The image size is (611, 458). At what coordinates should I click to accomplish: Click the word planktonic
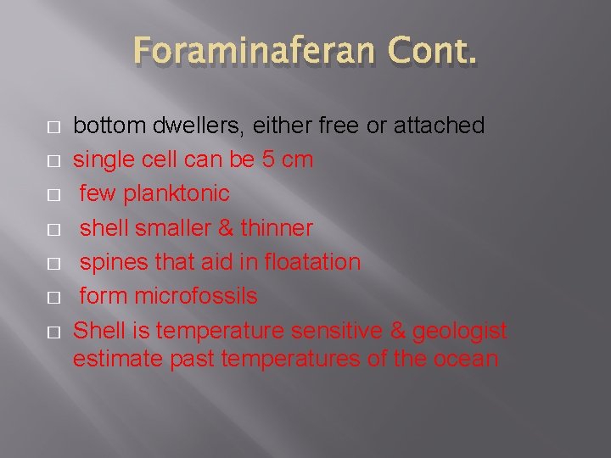(x=177, y=194)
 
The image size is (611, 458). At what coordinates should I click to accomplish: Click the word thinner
(x=277, y=228)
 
